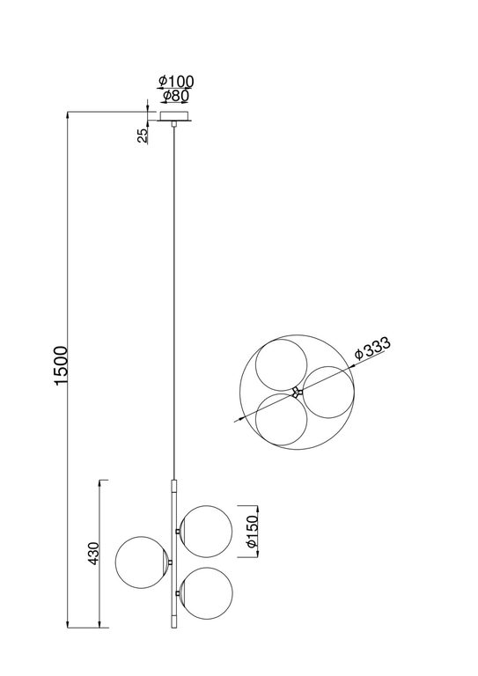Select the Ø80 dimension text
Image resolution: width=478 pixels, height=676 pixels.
pos(175,96)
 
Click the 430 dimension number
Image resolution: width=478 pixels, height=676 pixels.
pos(94,554)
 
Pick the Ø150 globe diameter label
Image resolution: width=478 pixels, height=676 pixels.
pos(252,532)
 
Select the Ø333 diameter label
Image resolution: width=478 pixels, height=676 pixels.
pos(371,349)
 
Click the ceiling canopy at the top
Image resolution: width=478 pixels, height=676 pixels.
pos(175,115)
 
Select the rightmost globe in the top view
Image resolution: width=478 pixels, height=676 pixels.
pos(327,392)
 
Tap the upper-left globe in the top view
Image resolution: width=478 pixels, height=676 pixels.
pos(276,363)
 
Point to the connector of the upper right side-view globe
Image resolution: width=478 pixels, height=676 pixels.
pos(179,531)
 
